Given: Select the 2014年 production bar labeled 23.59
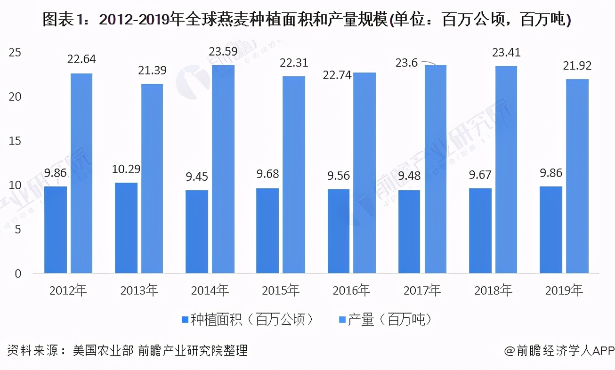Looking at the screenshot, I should (223, 169).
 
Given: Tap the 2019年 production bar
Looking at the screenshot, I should (577, 176).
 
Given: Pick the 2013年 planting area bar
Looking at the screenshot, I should (126, 228).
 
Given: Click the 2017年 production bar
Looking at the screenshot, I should (435, 169).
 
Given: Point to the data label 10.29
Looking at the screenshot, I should (126, 169).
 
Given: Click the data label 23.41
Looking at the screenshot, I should (506, 53).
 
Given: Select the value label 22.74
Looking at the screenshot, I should (338, 75).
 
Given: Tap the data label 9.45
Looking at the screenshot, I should (197, 177).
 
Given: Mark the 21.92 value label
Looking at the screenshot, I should (577, 66).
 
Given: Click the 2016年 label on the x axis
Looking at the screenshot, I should (351, 290).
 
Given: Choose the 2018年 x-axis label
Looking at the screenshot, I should (493, 290).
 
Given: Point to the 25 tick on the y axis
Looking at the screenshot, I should (15, 53).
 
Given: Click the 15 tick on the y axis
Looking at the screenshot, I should (15, 141).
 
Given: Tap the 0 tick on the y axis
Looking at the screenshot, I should (18, 274).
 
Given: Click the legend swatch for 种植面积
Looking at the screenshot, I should (184, 320).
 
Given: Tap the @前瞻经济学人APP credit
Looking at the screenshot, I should (559, 351).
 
